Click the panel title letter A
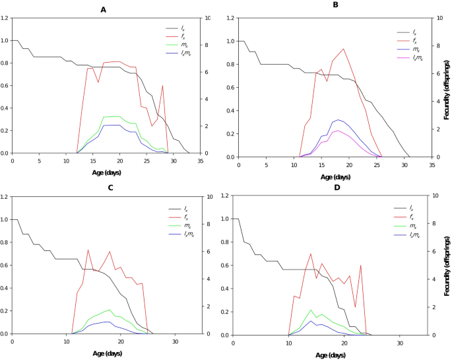[103, 9]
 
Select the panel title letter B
[335, 5]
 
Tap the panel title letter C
[110, 188]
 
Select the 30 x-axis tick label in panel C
[174, 342]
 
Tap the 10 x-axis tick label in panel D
[288, 343]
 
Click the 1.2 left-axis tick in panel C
[5, 197]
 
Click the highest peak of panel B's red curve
[343, 48]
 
